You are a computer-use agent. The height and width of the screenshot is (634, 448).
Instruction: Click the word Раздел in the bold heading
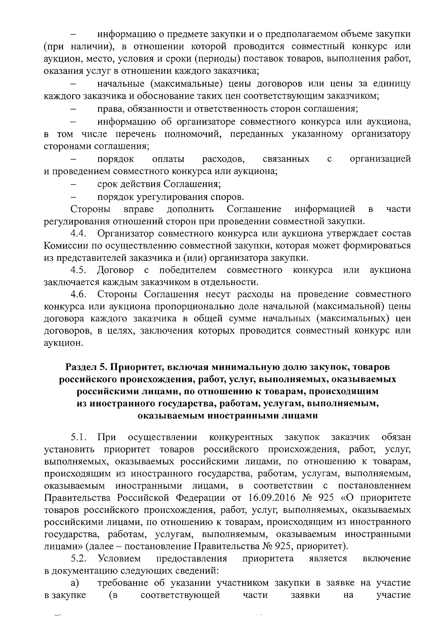pyautogui.click(x=78, y=368)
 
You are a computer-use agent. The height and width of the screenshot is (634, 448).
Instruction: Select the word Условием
pyautogui.click(x=119, y=559)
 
